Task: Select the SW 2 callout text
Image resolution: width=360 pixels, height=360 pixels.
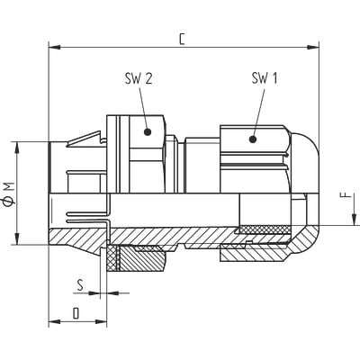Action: pyautogui.click(x=138, y=79)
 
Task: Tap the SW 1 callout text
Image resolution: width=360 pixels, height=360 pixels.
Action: pyautogui.click(x=264, y=79)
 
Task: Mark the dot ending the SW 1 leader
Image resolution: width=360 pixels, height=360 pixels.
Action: pyautogui.click(x=253, y=139)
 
